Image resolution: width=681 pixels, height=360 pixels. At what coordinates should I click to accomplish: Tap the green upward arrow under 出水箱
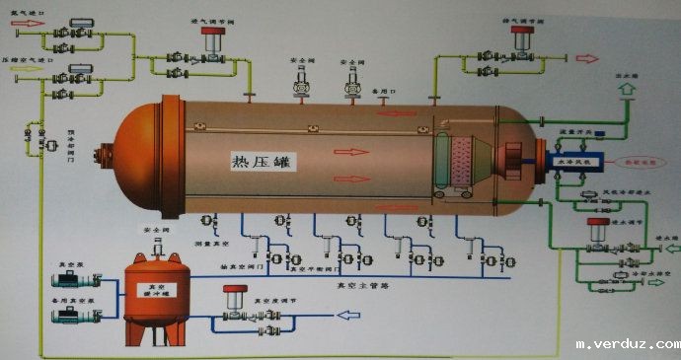coord(623,90)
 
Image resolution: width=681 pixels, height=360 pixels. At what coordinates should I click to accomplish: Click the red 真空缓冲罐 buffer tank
coord(153,296)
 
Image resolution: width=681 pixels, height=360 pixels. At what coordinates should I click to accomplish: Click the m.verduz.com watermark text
coord(627,344)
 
